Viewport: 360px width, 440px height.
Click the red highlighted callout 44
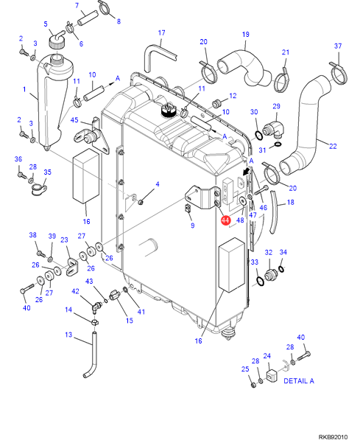pos(225,220)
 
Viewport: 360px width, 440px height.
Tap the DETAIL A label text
pos(299,381)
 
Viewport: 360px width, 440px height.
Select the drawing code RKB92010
pos(333,437)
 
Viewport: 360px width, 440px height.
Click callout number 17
pos(161,33)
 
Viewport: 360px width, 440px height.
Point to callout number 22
pos(333,146)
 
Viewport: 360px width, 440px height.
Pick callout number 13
pos(68,335)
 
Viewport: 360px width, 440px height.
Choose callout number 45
pos(74,120)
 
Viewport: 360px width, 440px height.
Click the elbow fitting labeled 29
pos(274,130)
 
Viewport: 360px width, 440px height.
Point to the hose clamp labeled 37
pos(339,74)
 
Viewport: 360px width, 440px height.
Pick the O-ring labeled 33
pos(260,281)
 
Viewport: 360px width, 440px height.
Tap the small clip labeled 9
pos(188,209)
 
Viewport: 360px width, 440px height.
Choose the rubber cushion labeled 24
pos(272,375)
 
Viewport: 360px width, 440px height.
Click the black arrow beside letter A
pos(247,171)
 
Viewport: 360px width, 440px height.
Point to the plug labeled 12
pos(216,103)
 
